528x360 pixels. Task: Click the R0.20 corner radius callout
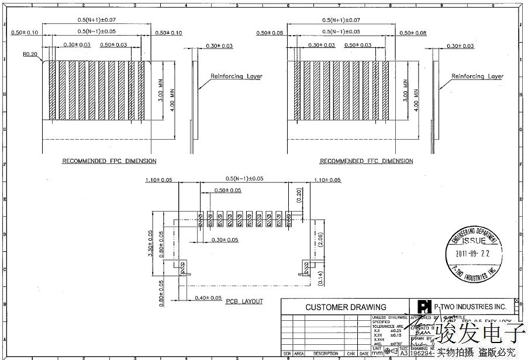30,54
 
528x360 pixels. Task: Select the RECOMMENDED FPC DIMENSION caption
109,161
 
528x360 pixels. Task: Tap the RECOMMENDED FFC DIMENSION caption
367,161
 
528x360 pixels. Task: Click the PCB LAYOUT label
244,302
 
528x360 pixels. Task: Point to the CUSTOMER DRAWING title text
346,307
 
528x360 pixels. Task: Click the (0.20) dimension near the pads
299,195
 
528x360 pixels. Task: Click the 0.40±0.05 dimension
208,298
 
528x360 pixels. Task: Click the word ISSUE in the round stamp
474,240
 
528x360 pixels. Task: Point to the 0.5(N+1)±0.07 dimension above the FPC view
96,20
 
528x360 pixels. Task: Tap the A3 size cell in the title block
403,353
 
